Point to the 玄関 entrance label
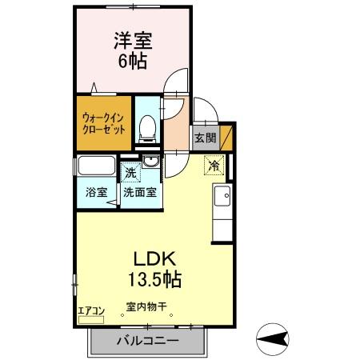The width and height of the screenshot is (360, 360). coord(205,138)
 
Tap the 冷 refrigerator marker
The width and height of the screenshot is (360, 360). coord(214,166)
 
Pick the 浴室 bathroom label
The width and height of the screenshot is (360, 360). coord(96,193)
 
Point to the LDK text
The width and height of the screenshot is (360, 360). coord(148,259)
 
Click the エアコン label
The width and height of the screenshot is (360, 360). coord(90,311)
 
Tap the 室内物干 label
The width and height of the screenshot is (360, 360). coord(145,306)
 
